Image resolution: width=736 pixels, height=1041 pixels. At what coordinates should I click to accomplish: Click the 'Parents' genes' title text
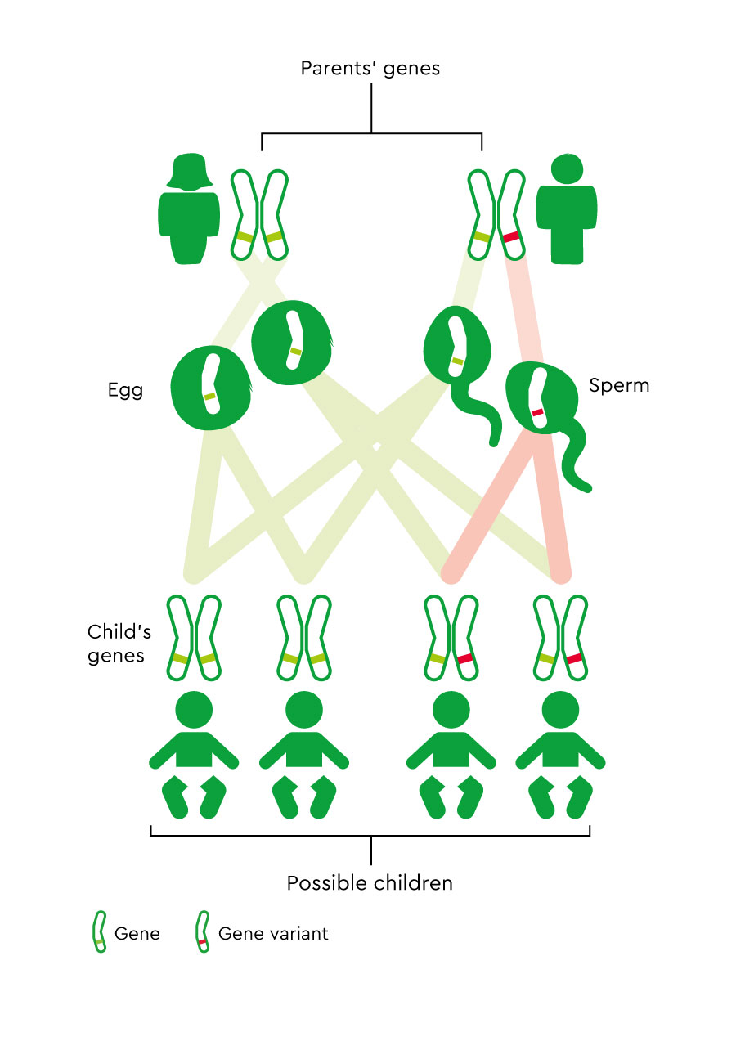point(370,68)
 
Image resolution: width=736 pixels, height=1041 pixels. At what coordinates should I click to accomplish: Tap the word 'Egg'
point(125,390)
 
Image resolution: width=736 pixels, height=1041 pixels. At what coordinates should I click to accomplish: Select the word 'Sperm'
point(619,384)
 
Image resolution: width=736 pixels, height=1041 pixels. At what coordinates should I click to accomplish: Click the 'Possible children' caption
point(370,883)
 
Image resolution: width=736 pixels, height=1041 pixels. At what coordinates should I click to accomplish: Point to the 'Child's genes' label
point(116,644)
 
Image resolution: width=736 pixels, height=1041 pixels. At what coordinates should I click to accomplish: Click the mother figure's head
point(190,170)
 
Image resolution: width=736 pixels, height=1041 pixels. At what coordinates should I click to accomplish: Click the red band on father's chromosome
point(512,236)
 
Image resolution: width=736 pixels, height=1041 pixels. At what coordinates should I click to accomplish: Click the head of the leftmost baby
point(194,710)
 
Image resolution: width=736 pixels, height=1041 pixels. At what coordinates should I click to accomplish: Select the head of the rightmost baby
point(562,710)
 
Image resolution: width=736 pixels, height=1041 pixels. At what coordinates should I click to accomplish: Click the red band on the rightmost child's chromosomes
point(574,658)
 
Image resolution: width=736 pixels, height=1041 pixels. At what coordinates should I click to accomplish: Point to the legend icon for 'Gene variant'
point(200,933)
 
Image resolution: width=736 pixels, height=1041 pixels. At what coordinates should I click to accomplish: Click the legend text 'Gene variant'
point(273,933)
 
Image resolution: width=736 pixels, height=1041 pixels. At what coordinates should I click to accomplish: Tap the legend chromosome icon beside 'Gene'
point(99,933)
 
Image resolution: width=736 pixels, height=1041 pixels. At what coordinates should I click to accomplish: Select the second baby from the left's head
point(304,710)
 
